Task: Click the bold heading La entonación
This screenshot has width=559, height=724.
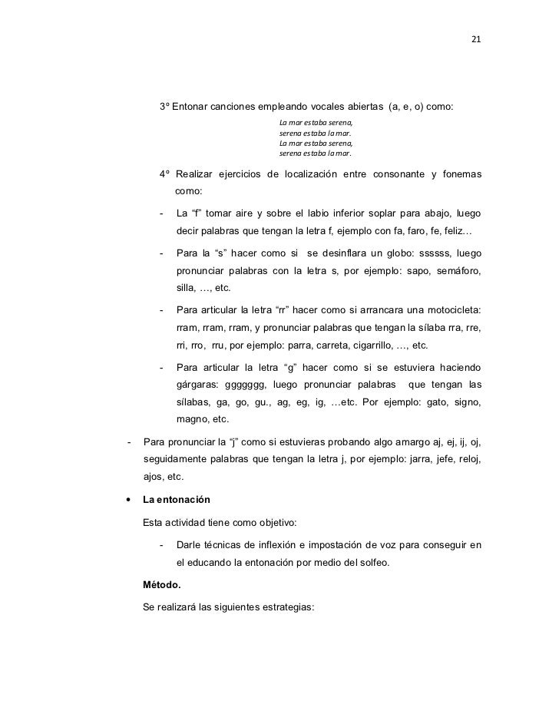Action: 176,499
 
